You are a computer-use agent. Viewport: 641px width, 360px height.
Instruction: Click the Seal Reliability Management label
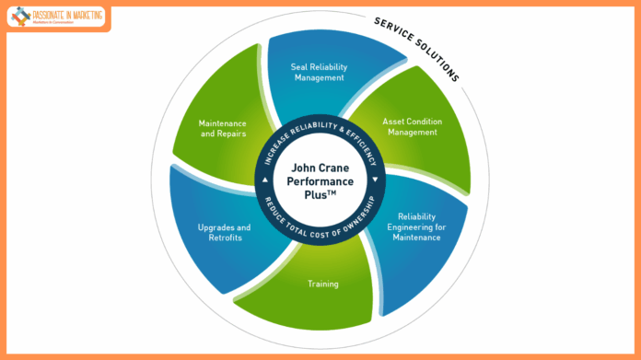tap(320, 73)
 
